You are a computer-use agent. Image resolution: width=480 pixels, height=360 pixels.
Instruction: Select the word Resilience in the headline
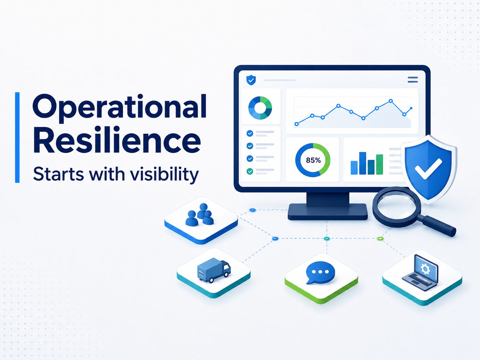coord(117,140)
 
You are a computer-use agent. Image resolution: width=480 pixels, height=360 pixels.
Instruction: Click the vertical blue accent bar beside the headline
coord(17,137)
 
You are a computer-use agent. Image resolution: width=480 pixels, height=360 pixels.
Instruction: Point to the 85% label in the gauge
coord(313,160)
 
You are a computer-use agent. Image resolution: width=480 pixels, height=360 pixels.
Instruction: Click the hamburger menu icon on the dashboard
coord(413,80)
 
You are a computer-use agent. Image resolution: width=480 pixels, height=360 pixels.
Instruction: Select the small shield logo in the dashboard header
coord(251,80)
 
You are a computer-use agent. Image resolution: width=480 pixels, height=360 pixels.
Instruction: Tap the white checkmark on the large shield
coord(428,168)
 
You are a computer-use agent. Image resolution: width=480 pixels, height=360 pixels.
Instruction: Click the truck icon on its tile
coord(214,270)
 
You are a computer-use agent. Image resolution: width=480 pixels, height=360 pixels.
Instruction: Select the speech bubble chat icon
coord(321,272)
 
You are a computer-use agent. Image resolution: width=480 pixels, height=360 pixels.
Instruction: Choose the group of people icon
coord(199,215)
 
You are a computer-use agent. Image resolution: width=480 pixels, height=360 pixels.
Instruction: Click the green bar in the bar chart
coord(380,164)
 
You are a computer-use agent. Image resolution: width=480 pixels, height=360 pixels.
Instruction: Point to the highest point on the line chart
coord(391,101)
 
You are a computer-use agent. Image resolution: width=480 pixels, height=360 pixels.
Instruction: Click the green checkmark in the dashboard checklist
coord(250,171)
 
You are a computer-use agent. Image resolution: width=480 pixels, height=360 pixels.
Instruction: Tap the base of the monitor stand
coord(328,211)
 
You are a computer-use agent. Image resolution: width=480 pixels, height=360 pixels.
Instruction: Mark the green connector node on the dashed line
coord(381,238)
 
